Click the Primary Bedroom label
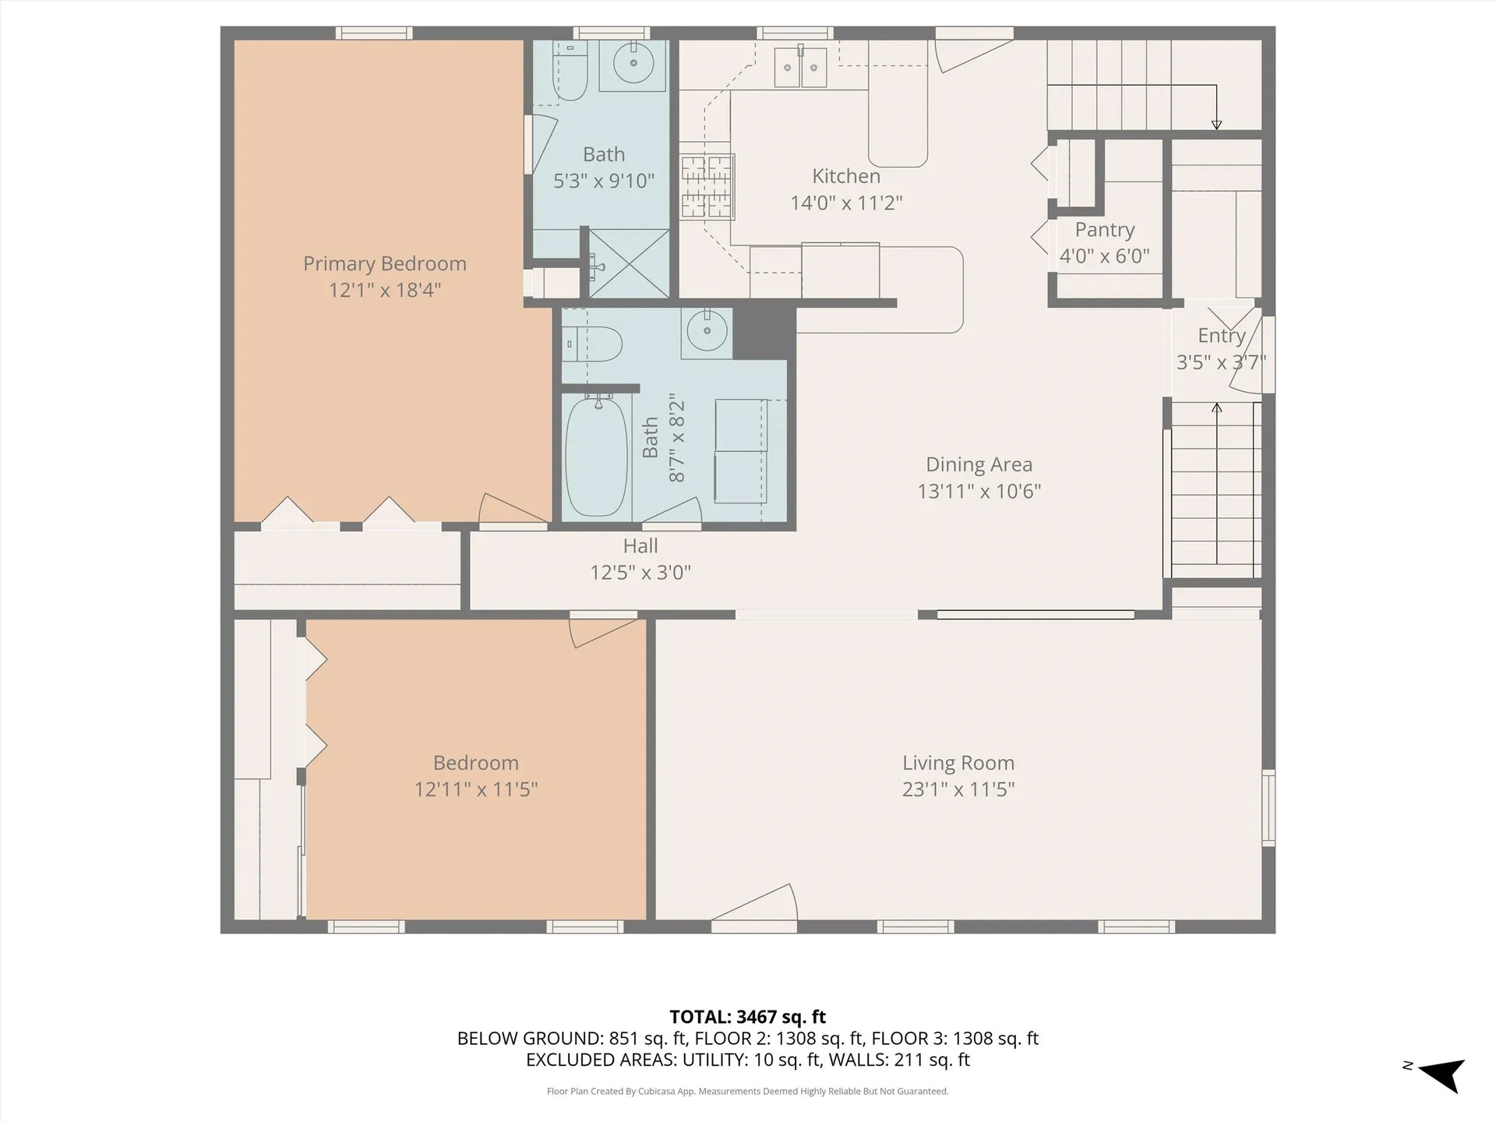pyautogui.click(x=384, y=264)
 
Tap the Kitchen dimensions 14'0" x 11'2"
pyautogui.click(x=846, y=203)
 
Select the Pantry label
pyautogui.click(x=1104, y=230)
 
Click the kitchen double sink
pyautogui.click(x=800, y=68)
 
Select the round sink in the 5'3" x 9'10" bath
pyautogui.click(x=632, y=63)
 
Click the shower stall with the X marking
pyautogui.click(x=628, y=263)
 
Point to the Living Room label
pyautogui.click(x=958, y=763)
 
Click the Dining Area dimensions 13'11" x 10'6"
pyautogui.click(x=979, y=491)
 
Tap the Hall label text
pyautogui.click(x=640, y=546)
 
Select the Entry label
pyautogui.click(x=1221, y=336)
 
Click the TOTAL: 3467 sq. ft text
pyautogui.click(x=747, y=1017)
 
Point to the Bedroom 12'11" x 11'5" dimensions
pyautogui.click(x=475, y=789)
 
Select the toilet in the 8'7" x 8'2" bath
pyautogui.click(x=596, y=344)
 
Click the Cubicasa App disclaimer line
pyautogui.click(x=747, y=1092)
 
